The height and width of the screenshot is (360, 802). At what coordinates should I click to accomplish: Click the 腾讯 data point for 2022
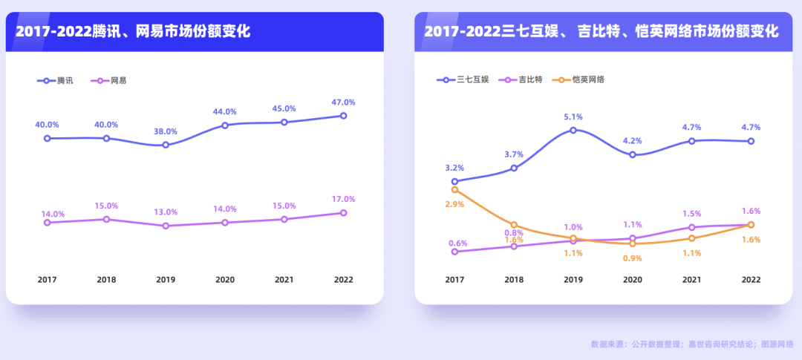point(343,116)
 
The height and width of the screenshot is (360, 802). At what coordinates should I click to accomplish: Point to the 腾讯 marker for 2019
point(166,145)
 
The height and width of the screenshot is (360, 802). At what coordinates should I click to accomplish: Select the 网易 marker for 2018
point(106,219)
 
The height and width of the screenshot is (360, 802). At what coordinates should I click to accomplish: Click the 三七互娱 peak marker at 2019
point(573,130)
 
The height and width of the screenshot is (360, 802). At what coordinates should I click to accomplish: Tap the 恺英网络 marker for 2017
point(454,190)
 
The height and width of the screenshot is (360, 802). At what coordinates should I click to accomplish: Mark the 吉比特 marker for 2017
point(454,252)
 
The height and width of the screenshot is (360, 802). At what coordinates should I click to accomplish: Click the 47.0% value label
point(343,102)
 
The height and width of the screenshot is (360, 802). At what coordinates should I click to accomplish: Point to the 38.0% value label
point(166,131)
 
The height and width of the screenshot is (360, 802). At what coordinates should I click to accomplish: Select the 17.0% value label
point(343,199)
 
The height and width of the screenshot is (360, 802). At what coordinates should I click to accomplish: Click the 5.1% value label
point(573,117)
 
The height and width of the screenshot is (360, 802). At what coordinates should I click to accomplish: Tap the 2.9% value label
point(455,204)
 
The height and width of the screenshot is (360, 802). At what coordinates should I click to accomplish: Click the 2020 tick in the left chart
point(225,280)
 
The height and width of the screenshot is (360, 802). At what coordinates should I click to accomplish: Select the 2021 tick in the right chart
point(691,280)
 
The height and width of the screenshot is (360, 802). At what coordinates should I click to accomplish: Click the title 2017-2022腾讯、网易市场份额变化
point(133,31)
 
